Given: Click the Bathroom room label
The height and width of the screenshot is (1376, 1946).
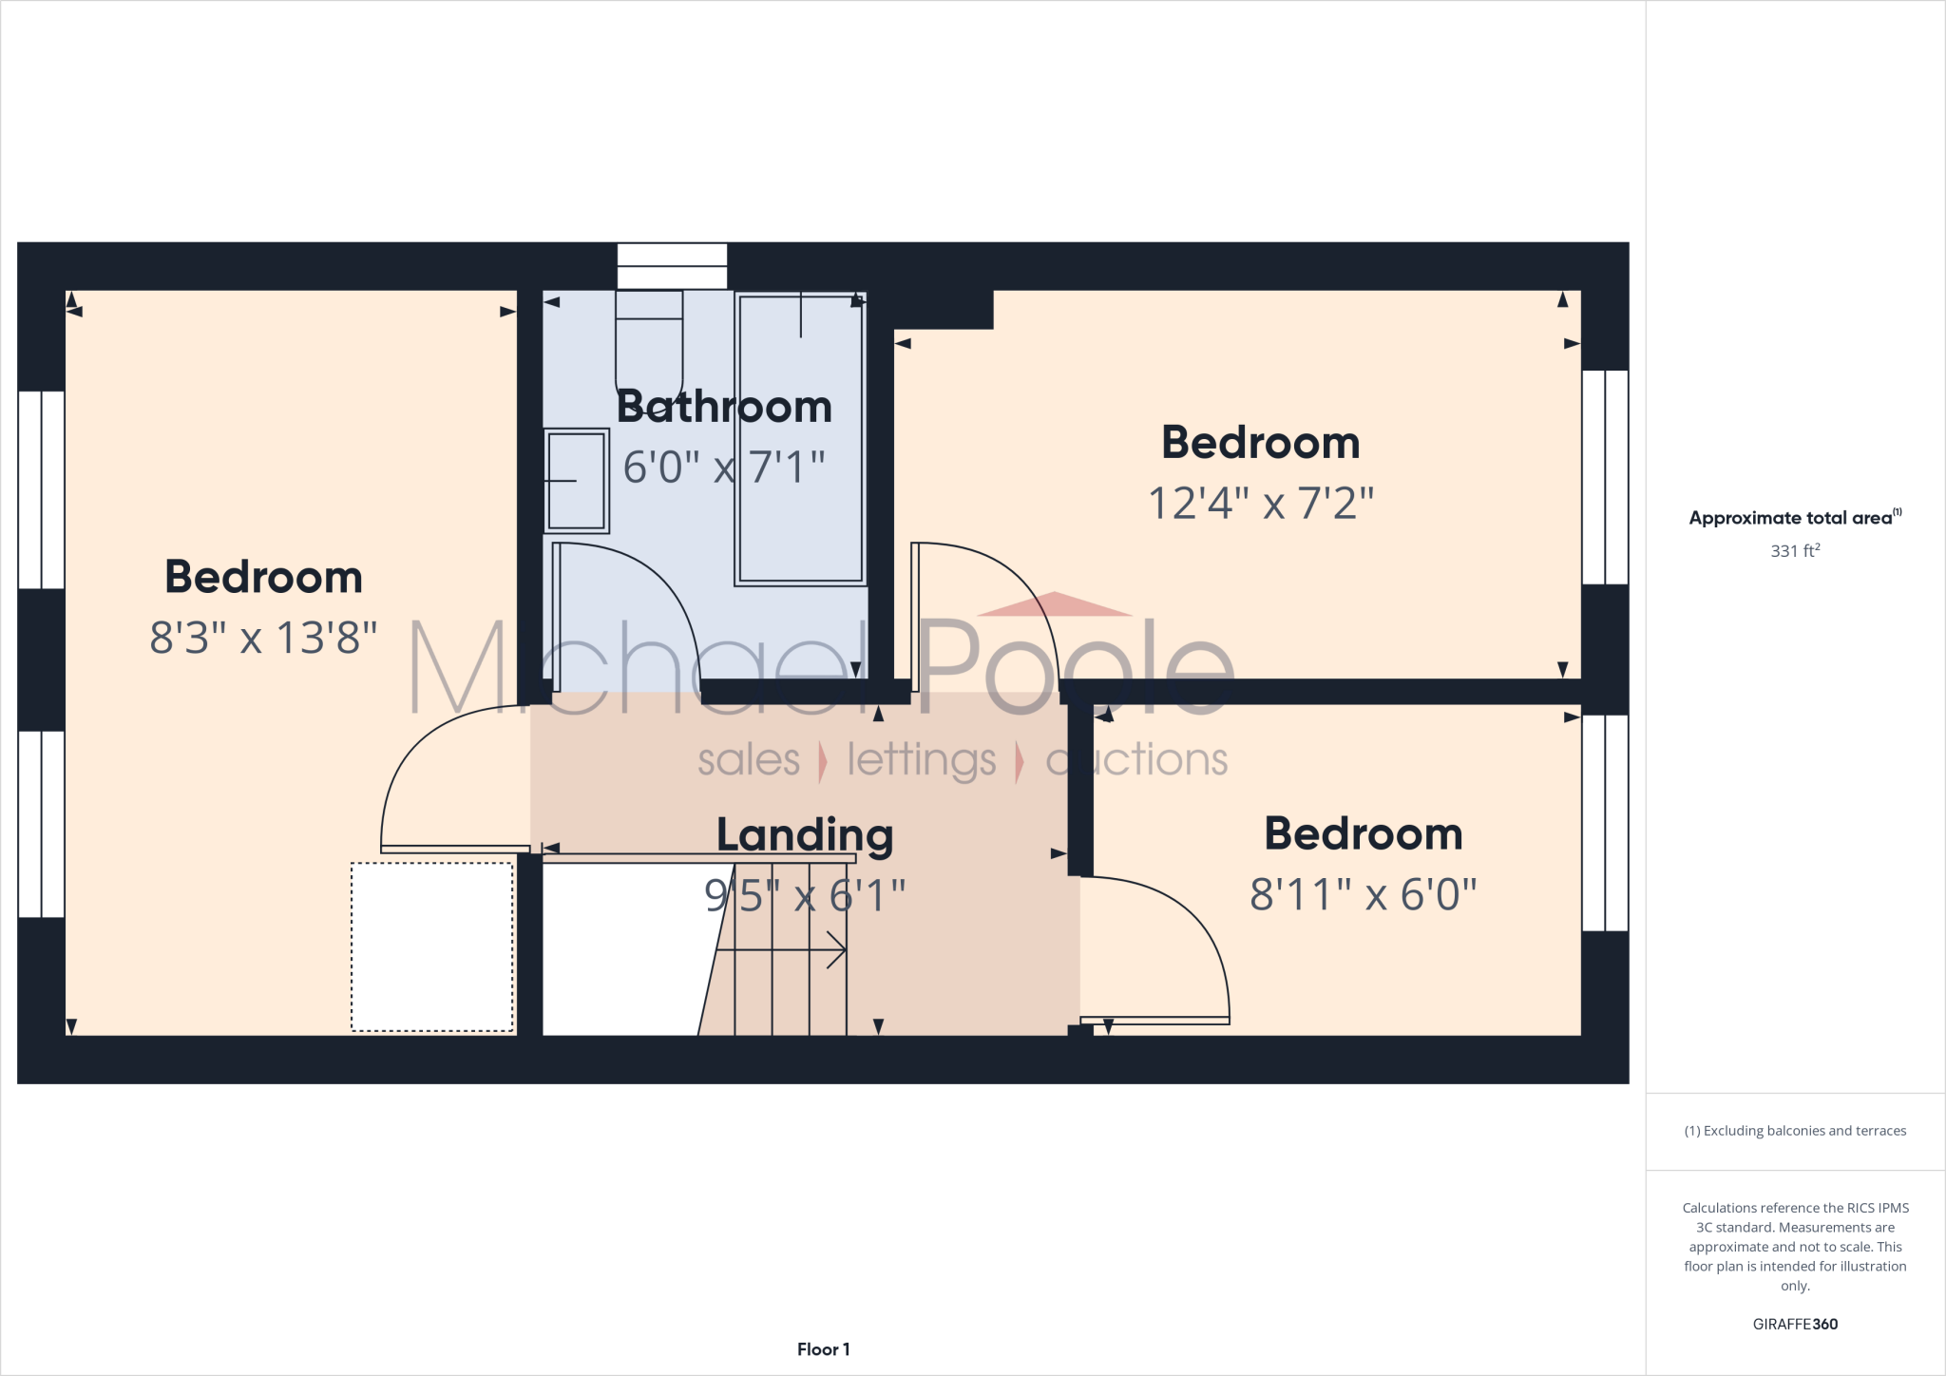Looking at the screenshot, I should pos(724,407).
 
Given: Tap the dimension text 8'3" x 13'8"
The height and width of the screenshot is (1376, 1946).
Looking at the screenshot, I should pos(263,638).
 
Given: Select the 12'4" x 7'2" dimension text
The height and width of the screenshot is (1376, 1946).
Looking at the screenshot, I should pos(1261,503).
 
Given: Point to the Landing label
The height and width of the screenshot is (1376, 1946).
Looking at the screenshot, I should pos(805,835).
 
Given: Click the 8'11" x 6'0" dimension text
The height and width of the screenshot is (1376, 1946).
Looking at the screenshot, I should pos(1363,894).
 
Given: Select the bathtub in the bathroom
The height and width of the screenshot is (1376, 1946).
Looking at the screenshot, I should pos(800,439).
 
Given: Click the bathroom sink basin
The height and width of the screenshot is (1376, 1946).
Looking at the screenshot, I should pos(577,481).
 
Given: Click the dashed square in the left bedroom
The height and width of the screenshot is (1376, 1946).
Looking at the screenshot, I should pos(432,946).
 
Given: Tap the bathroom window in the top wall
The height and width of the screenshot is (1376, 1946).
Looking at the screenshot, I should pos(672,266).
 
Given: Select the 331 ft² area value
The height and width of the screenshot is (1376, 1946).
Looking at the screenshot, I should pos(1795,551).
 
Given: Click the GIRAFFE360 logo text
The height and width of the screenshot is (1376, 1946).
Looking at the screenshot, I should pos(1795,1324).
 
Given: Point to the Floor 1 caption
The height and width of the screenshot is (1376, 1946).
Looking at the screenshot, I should pos(823,1349).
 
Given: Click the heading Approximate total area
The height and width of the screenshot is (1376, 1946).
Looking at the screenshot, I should pos(1791,518).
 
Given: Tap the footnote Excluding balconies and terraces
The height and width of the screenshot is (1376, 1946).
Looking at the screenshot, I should pos(1795,1131).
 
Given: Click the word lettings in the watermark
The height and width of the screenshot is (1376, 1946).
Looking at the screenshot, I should pos(921,760).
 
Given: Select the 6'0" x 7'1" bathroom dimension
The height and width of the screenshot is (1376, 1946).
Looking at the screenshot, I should pos(724,467).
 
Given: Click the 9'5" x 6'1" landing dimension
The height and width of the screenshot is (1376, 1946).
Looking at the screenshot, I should pos(805,895).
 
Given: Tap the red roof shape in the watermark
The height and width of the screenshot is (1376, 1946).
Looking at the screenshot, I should pos(1055,605).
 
